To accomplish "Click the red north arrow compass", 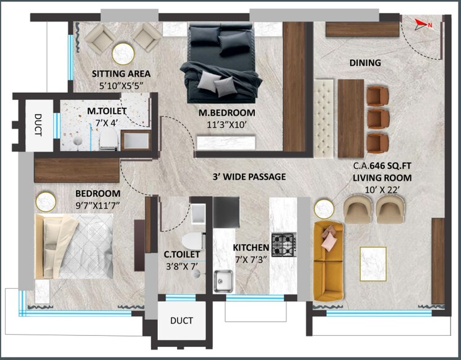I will tap(423, 25).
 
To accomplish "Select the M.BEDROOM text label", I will tap(226, 113).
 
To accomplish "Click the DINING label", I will tap(365, 62).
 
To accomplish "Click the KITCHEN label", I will tap(251, 248).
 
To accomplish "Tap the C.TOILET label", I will tap(181, 254).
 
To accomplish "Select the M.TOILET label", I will tap(106, 111).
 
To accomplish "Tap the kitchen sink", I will tap(223, 280).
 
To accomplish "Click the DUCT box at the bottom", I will tap(181, 320).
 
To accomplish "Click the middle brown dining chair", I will tap(376, 119).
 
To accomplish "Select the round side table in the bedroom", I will tap(45, 200).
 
